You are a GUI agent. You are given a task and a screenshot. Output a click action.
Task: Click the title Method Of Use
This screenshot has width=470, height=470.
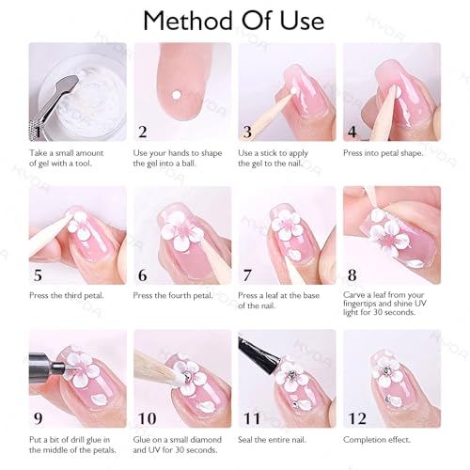click(234, 20)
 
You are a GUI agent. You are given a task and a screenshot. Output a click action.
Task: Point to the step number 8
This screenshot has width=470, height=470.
click(352, 275)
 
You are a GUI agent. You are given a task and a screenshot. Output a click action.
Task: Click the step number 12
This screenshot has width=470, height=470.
click(358, 418)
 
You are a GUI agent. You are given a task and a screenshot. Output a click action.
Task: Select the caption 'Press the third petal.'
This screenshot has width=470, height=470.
click(65, 296)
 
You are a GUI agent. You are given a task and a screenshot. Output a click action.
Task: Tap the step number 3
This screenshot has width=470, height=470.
click(248, 132)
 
